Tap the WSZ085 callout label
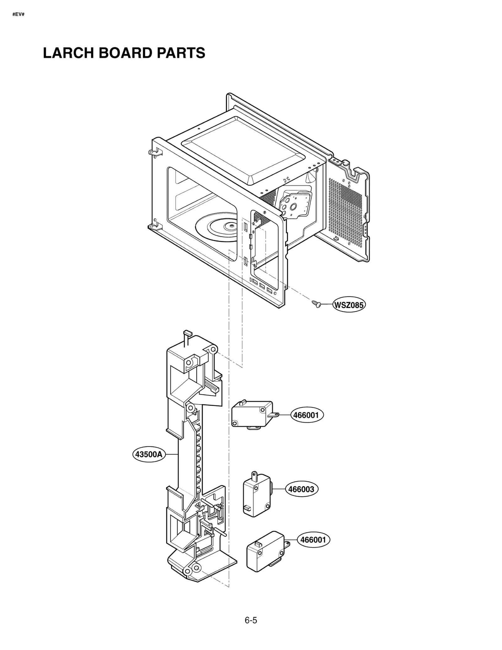pos(349,305)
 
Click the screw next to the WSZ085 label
pos(316,304)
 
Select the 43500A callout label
pos(149,454)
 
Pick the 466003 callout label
pos(301,489)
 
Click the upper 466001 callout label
pos(306,415)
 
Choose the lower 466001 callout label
pos(313,540)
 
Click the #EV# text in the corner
pos(18,14)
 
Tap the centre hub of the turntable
pos(231,225)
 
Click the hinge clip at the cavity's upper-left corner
pos(153,153)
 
